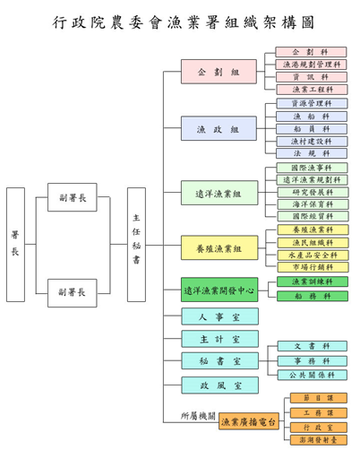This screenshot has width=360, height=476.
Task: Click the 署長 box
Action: [15, 244]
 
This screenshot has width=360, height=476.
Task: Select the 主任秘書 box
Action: [136, 244]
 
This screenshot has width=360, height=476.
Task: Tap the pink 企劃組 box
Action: [219, 72]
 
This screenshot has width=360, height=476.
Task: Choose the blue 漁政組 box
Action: [219, 129]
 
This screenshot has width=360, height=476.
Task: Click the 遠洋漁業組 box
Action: [219, 193]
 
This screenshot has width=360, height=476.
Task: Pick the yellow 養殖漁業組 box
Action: [219, 248]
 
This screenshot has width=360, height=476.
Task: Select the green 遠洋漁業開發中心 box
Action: [219, 290]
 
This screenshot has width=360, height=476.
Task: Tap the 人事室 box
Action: [219, 316]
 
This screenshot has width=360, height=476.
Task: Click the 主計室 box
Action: [219, 339]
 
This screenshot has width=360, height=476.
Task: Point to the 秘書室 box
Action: [219, 361]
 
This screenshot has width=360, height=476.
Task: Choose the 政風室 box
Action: [219, 385]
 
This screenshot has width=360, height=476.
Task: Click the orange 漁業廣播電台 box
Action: [250, 421]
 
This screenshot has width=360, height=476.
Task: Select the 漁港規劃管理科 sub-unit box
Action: [312, 65]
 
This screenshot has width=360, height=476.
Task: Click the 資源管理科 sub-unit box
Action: [312, 104]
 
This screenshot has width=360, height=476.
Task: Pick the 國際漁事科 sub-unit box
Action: [312, 168]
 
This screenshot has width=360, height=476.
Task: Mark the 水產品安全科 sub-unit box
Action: [312, 255]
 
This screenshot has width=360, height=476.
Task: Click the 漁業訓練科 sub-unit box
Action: [312, 281]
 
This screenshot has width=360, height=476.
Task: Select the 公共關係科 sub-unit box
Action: [312, 375]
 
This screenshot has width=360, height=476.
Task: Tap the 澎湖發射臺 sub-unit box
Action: [318, 440]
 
